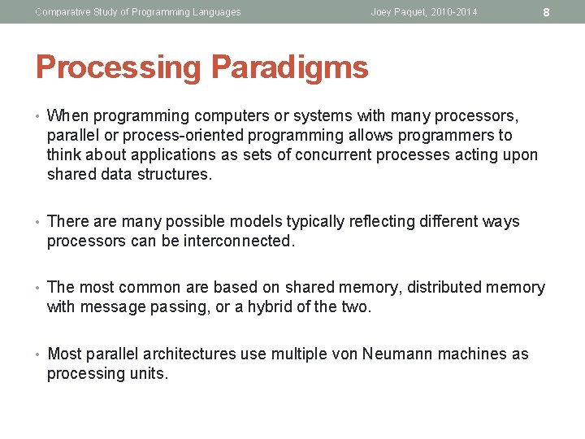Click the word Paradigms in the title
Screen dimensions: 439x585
(x=290, y=67)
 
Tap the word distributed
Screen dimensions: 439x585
(x=444, y=287)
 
